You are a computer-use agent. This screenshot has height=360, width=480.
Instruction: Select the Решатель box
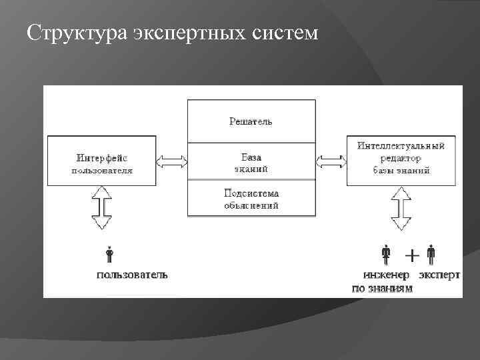[x=251, y=121]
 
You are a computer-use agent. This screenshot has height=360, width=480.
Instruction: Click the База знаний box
[x=251, y=162]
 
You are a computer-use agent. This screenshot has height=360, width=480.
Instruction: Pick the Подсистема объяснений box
[x=251, y=199]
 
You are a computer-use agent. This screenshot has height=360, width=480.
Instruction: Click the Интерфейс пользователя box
[x=102, y=162]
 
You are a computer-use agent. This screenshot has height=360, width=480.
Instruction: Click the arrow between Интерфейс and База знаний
[x=171, y=161]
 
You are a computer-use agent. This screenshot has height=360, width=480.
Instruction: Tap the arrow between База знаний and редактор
[x=331, y=161]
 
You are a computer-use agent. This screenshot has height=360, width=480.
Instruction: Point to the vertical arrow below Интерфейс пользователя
[x=104, y=207]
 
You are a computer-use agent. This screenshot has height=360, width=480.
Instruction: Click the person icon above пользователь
[x=109, y=255]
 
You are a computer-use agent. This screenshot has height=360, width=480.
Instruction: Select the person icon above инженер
[x=386, y=255]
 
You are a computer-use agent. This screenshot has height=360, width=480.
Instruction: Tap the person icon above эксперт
[x=431, y=255]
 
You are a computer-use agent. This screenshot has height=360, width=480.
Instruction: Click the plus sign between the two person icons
[x=413, y=255]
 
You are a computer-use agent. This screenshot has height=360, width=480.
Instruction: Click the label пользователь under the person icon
[x=133, y=275]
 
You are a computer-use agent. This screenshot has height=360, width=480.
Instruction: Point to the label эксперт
[x=439, y=275]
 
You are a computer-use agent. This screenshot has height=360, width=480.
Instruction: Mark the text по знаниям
[x=382, y=288]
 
